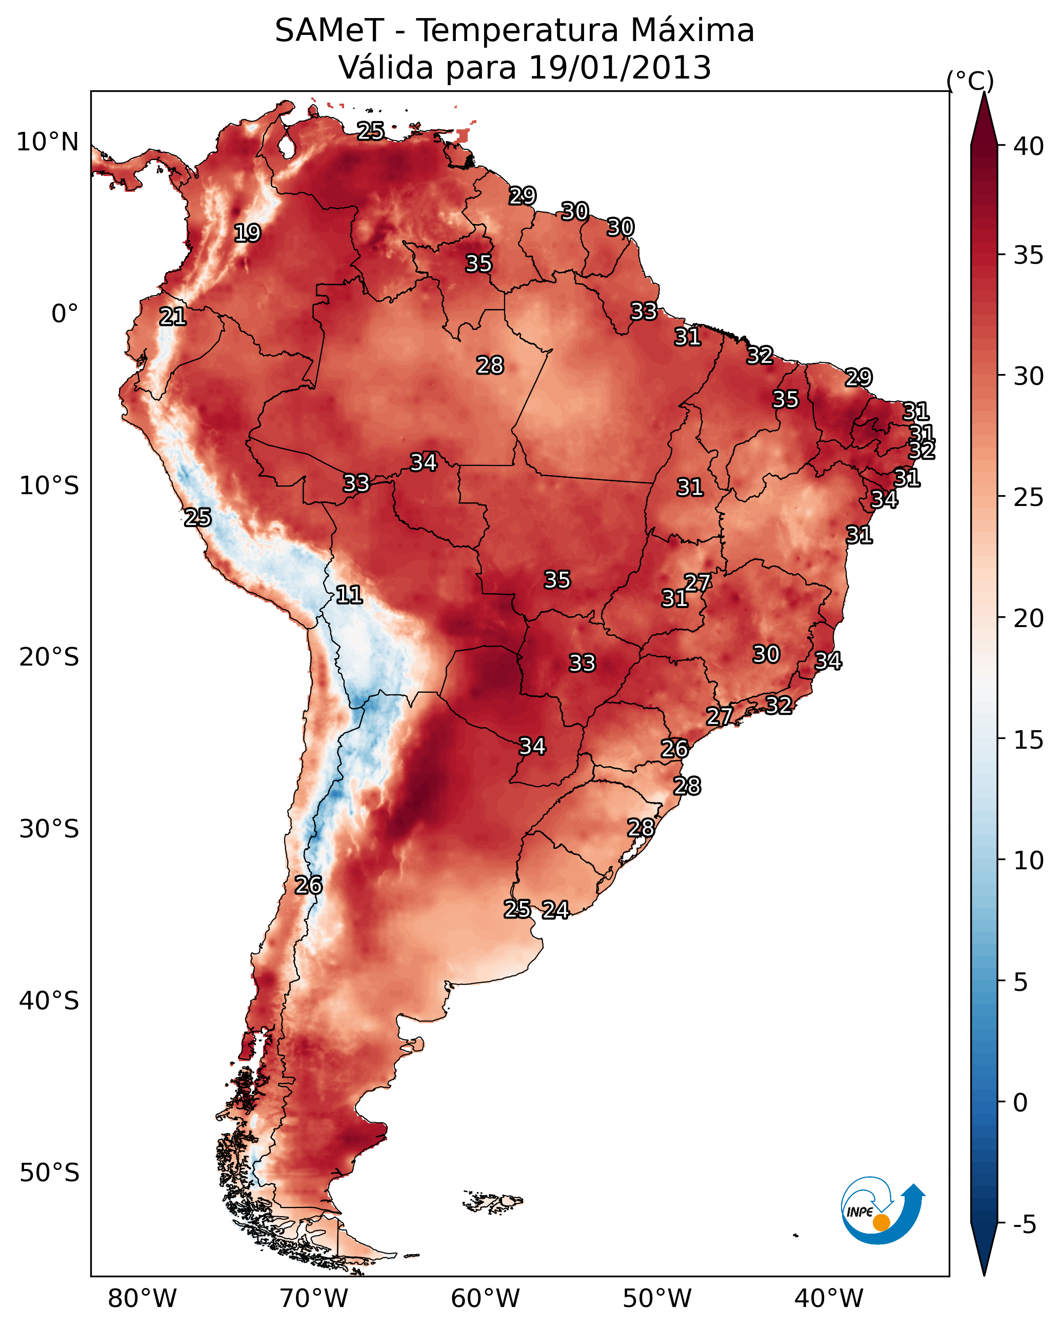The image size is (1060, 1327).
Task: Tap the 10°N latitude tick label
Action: pyautogui.click(x=47, y=142)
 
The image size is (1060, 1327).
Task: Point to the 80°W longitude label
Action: pyautogui.click(x=142, y=1299)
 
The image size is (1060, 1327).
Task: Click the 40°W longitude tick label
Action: pyautogui.click(x=829, y=1299)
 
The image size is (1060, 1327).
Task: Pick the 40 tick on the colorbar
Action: pyautogui.click(x=1029, y=146)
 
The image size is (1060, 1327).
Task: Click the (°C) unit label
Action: pyautogui.click(x=970, y=81)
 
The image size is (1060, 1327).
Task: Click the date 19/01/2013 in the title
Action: pyautogui.click(x=619, y=68)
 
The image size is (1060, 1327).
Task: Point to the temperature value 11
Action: pyautogui.click(x=349, y=595)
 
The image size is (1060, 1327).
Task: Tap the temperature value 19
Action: pyautogui.click(x=247, y=233)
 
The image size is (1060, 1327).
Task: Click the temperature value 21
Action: pyautogui.click(x=173, y=317)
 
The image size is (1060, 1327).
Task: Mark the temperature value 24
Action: pyautogui.click(x=555, y=910)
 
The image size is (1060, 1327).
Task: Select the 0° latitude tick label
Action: pyautogui.click(x=65, y=314)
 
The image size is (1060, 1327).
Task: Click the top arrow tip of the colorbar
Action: pyautogui.click(x=984, y=92)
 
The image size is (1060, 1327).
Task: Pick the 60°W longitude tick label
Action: pyautogui.click(x=486, y=1299)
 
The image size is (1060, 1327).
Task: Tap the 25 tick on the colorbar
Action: pyautogui.click(x=1029, y=497)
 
